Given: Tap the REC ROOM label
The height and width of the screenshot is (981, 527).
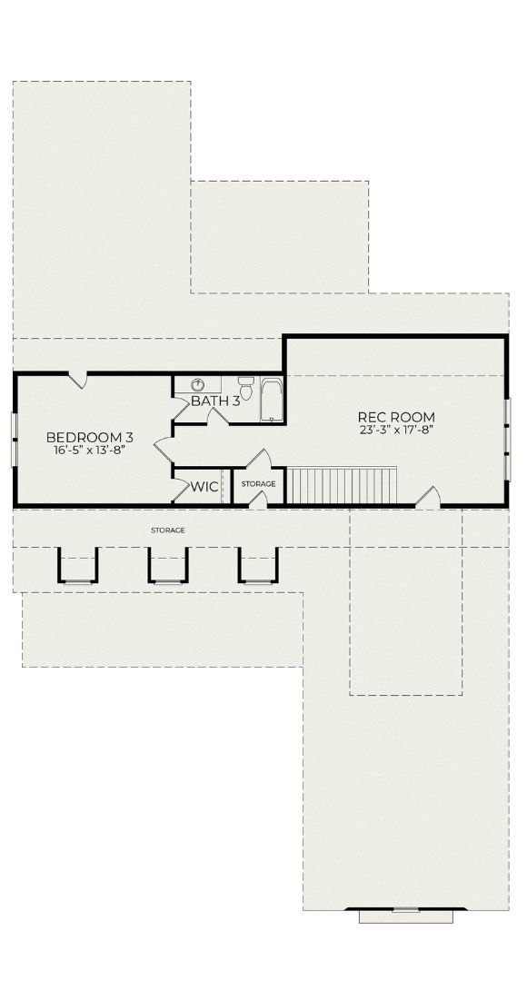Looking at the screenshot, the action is pos(396,417).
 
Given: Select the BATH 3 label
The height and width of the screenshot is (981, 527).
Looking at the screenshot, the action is pos(215,401).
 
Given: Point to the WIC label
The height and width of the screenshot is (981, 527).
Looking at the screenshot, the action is pos(204,487).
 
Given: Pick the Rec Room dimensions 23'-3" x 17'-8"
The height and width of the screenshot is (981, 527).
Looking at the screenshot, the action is pos(397,429).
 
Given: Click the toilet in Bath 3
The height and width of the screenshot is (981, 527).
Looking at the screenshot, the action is pos(246,387).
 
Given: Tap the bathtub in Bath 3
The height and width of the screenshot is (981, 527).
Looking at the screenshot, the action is pos(272,400).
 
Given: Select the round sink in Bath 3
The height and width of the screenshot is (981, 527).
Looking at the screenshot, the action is pos(197,384).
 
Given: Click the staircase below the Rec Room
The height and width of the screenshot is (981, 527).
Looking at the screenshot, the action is pos(341,485).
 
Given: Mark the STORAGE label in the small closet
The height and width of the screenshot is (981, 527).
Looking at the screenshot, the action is pos(258,484).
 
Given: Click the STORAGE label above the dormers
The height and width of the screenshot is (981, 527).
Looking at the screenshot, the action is pos(168,530).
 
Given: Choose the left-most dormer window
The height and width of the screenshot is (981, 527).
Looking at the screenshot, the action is pos(78,566).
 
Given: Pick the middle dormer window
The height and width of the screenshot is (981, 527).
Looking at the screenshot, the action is pos(168,566).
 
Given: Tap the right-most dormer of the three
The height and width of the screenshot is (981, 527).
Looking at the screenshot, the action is pos(258,566).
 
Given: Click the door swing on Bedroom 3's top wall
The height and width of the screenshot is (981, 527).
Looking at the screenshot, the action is pos(77,380).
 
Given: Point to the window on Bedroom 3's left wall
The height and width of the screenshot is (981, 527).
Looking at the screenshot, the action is pos(14,440).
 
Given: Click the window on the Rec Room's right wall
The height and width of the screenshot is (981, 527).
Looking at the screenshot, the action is pos(508,440).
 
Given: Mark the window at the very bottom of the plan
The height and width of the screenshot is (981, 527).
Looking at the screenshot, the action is pos(405,916).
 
